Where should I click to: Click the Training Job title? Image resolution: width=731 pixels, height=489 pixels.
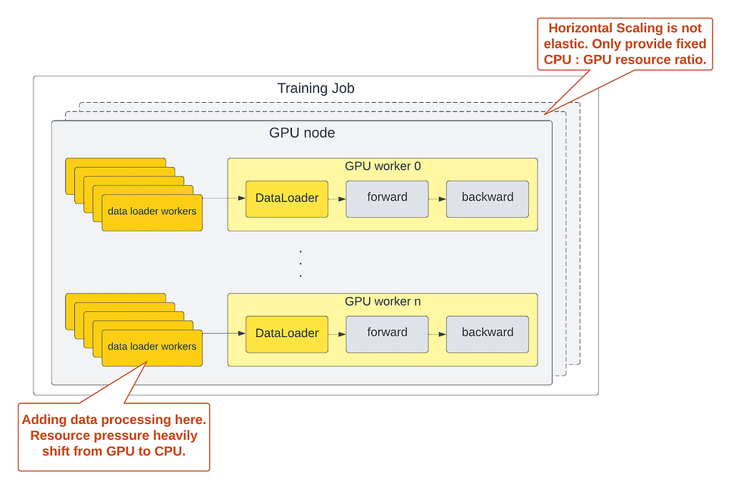point(316,89)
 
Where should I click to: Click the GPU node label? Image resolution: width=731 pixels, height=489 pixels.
point(301,133)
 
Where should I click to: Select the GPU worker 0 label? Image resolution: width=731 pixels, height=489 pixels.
point(383,166)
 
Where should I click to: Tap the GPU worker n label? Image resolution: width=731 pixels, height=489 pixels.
point(383,301)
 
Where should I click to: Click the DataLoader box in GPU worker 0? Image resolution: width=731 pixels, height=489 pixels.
point(287,198)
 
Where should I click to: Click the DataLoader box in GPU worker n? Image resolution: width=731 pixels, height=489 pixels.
point(287,333)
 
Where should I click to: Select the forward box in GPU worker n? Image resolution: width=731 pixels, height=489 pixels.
point(387,333)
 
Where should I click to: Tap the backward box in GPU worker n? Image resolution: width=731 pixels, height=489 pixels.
point(488,333)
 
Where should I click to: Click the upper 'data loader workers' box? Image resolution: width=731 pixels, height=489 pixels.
point(152,212)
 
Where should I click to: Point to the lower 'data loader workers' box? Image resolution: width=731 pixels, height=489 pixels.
point(152,348)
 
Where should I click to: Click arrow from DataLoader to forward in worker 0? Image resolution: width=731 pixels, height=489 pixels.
point(337,198)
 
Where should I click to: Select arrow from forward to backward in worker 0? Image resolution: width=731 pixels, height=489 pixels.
point(437,198)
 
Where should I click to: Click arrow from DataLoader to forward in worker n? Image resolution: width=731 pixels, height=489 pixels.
point(337,333)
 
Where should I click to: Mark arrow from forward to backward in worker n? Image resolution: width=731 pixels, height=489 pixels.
point(437,333)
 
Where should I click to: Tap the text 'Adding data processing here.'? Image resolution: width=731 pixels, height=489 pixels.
point(114,420)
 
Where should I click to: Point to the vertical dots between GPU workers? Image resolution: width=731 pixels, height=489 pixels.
point(301,263)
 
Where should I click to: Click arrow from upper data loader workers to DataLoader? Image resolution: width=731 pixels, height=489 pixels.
point(223,198)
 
